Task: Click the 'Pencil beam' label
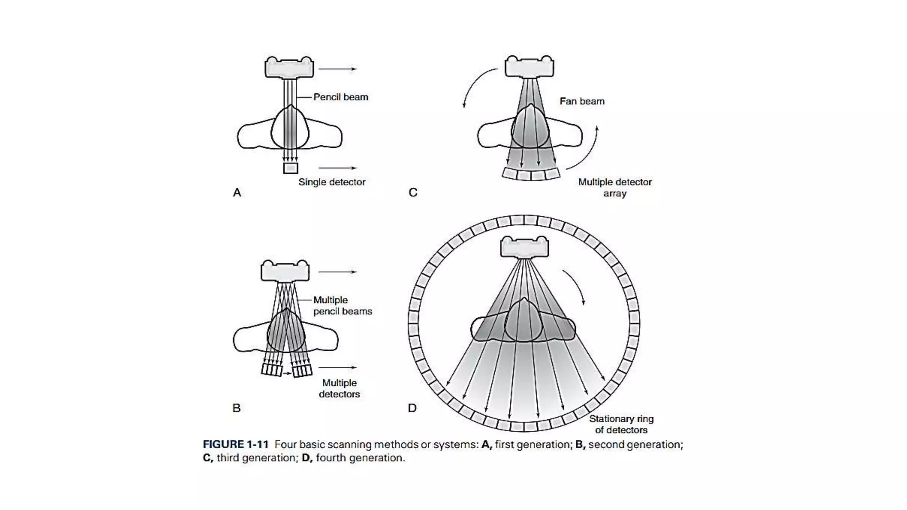point(341,97)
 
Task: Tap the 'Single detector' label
point(332,182)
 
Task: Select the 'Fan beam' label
point(582,101)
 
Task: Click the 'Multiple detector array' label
point(615,187)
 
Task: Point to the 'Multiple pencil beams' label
point(342,305)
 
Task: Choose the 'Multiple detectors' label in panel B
point(339,388)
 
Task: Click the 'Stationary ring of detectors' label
point(621,424)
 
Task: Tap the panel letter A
point(237,193)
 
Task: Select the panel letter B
point(236,408)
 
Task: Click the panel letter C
point(413,193)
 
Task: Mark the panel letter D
point(412,408)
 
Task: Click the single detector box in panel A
point(291,168)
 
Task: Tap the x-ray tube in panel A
point(289,68)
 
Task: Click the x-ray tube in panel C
point(529,67)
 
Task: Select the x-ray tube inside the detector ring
point(524,247)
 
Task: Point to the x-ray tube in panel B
point(285,271)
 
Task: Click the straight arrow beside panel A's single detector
point(337,168)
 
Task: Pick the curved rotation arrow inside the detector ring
point(574,286)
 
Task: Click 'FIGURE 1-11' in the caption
point(236,444)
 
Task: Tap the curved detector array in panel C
point(531,174)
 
